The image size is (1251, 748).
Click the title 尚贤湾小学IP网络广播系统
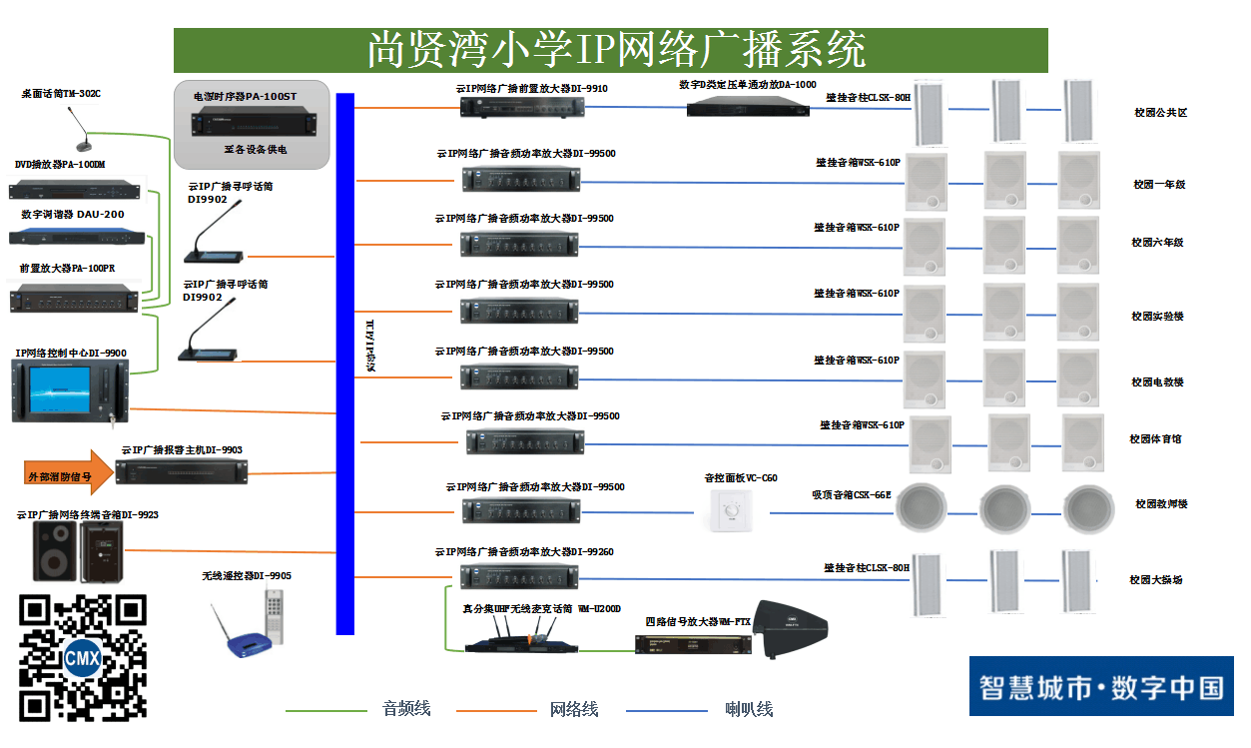tap(611, 50)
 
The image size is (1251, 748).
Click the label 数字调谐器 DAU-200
tap(73, 214)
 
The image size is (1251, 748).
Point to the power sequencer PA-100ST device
tap(251, 124)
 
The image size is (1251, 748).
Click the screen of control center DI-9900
tap(64, 388)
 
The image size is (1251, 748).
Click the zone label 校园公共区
tap(1161, 113)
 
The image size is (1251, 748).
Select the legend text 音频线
tap(406, 709)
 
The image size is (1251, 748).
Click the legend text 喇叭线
tap(749, 709)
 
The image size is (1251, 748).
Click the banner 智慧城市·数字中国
tap(1100, 687)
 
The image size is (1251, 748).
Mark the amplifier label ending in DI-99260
tap(524, 552)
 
